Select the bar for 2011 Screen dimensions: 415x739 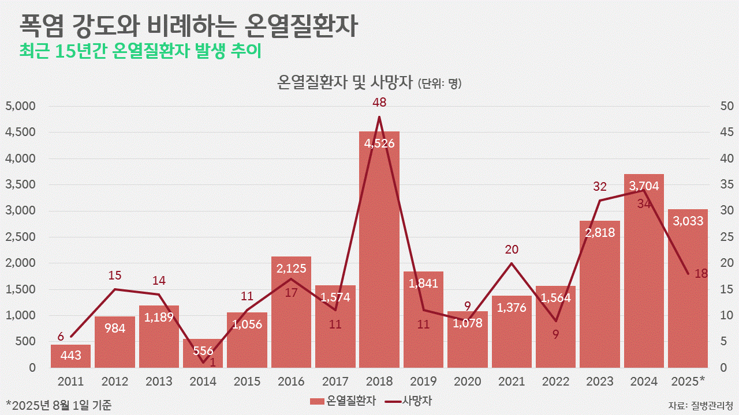click(70, 356)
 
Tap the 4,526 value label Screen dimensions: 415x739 click(379, 144)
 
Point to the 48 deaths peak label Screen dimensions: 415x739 click(379, 103)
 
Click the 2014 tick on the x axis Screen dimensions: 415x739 click(203, 382)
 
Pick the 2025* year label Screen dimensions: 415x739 click(688, 382)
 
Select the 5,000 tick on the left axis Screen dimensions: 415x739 click(20, 106)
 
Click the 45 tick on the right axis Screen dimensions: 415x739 click(727, 133)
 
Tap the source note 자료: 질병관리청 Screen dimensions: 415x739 click(700, 405)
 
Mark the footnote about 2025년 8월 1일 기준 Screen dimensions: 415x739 click(59, 405)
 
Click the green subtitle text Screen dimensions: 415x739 click(140, 51)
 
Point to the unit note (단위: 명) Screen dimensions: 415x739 click(439, 84)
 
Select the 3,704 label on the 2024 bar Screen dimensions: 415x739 click(644, 186)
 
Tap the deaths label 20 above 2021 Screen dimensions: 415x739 click(512, 250)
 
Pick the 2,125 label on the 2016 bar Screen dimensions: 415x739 click(291, 268)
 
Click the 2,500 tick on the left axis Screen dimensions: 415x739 click(20, 237)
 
